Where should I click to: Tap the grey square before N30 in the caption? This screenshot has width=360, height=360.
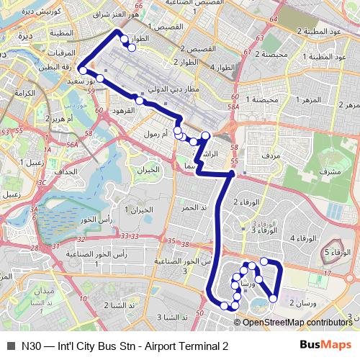click(10, 346)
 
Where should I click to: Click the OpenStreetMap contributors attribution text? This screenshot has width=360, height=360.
click(297, 323)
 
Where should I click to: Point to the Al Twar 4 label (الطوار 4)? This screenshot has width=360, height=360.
click(222, 66)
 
